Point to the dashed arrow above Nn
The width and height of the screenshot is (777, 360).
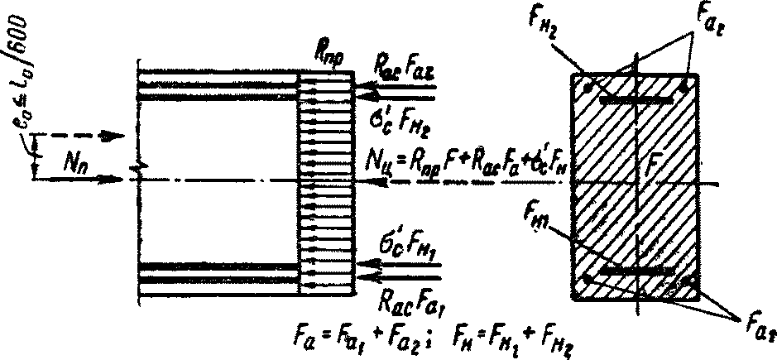(x=74, y=132)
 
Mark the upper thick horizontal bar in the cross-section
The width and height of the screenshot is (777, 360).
(x=636, y=99)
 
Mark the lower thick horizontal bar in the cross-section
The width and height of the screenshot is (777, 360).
(x=636, y=270)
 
